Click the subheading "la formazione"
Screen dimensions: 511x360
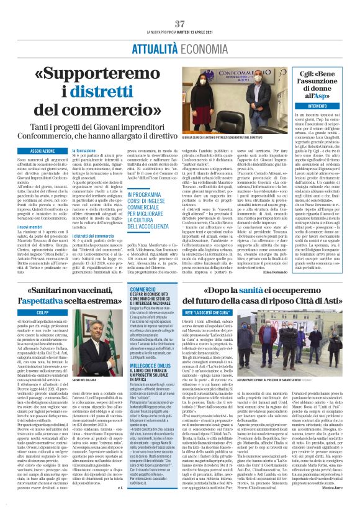(84, 150)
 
